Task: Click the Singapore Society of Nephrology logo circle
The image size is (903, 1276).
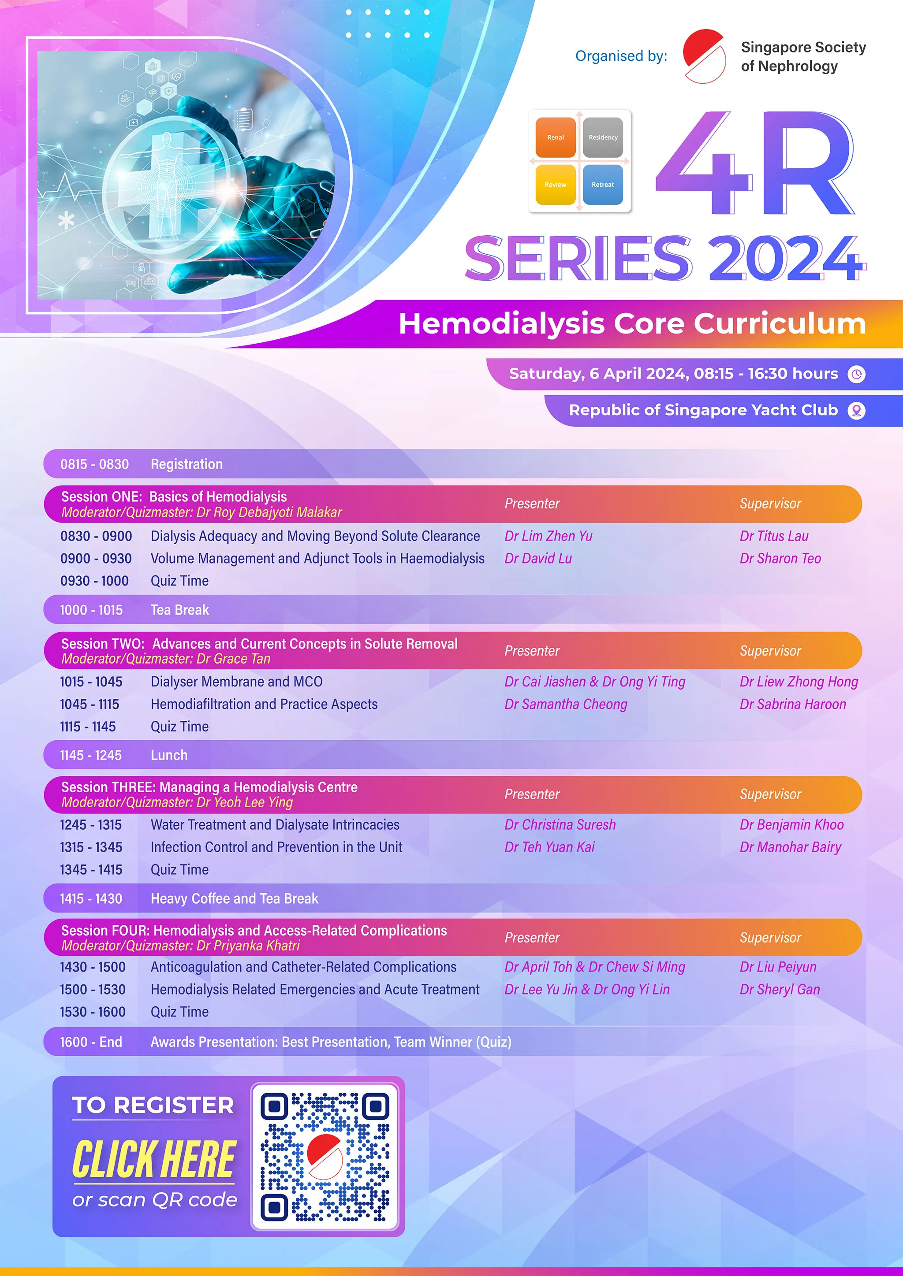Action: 704,56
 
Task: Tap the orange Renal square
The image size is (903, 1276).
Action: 556,137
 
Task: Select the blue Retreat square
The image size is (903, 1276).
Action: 603,185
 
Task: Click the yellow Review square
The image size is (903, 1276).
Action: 556,185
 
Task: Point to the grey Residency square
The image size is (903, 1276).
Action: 603,137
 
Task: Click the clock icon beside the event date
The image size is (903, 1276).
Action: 856,374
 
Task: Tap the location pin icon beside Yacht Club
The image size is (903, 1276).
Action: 856,411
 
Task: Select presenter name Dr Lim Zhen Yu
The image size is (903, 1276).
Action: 548,536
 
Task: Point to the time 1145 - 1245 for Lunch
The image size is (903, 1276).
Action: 91,755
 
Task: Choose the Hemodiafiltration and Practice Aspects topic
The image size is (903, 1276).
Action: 264,704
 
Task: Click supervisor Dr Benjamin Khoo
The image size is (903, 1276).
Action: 792,825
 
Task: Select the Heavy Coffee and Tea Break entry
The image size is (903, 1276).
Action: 235,899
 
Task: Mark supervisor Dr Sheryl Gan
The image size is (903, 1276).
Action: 780,989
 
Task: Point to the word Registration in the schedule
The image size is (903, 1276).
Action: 187,464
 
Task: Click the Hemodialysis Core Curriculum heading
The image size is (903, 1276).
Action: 632,323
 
